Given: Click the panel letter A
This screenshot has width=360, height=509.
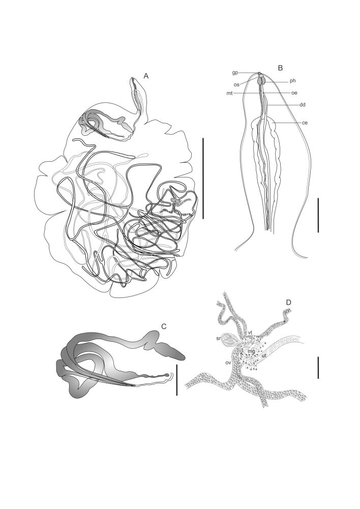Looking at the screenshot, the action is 146,76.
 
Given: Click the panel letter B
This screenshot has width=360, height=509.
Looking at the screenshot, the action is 281,68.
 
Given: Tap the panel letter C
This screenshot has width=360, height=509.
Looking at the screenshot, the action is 164,326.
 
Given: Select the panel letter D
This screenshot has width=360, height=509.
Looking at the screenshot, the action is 288,302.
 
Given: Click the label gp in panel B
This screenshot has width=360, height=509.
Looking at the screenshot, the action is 235,73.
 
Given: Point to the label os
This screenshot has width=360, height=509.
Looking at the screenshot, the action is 237,85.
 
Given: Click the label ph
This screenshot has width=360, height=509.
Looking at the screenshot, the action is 293,81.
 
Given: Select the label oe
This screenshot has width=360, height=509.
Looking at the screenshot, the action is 294,93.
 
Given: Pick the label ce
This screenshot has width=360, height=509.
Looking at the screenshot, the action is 305,123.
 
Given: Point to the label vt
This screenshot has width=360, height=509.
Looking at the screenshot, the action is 250,333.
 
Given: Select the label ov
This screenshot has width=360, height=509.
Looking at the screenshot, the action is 228,363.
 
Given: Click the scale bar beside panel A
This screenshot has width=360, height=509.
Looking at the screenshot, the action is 203,178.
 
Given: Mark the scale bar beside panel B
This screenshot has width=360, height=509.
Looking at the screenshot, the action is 318,215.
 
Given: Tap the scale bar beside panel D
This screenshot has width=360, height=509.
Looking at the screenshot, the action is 318,368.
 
